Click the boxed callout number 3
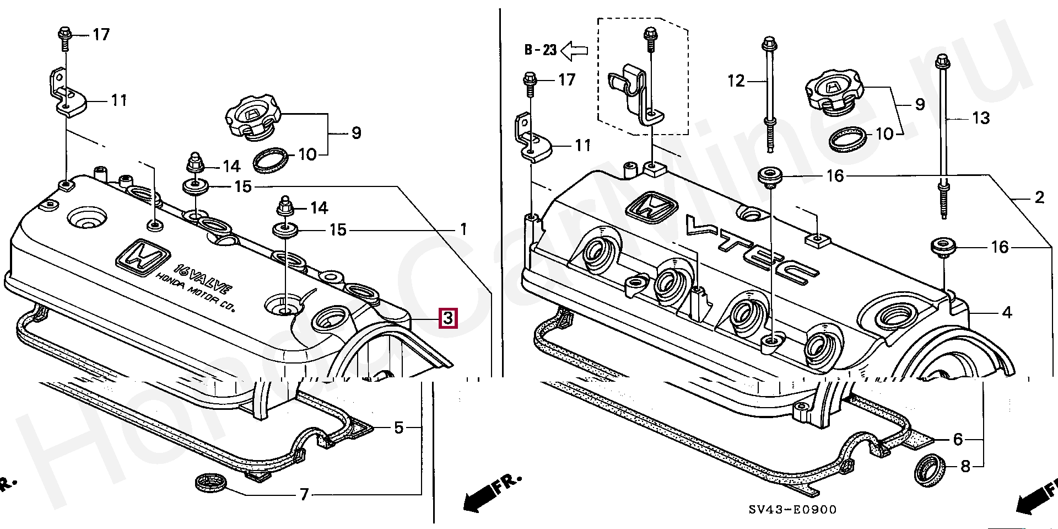(447, 318)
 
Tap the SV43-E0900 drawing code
(792, 510)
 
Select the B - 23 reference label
(540, 50)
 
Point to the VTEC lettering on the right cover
(753, 250)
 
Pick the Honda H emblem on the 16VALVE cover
(143, 257)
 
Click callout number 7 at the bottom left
(304, 495)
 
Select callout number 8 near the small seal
(965, 467)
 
